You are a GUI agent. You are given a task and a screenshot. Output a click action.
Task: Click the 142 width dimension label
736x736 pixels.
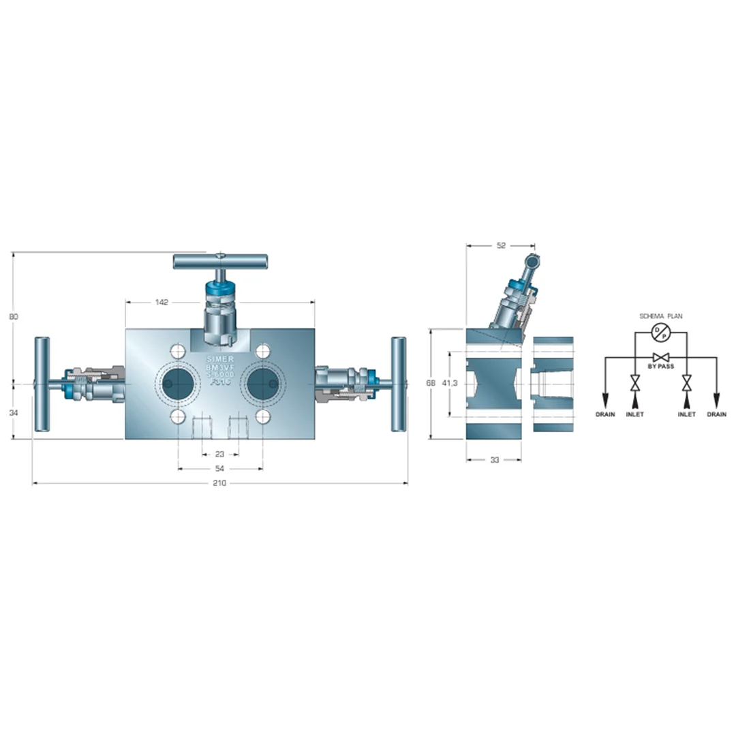[x=162, y=302]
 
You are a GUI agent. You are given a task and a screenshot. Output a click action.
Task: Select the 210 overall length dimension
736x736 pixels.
[x=219, y=483]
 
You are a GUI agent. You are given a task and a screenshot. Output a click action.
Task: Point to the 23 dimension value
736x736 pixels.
[x=220, y=453]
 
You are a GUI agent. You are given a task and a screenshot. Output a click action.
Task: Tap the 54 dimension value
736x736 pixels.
[x=220, y=468]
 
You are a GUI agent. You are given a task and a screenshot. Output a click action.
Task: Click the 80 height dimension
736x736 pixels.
[x=13, y=316]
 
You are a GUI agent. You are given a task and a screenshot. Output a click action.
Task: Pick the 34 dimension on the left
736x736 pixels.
[x=13, y=412]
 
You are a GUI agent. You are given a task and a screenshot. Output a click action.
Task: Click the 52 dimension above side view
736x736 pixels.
[x=502, y=245]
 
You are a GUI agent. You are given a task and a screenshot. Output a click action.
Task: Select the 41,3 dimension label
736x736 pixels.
[x=450, y=384]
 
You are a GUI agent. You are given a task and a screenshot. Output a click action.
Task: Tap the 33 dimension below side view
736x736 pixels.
[x=494, y=460]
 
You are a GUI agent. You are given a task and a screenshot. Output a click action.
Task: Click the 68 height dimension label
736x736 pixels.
[x=430, y=384]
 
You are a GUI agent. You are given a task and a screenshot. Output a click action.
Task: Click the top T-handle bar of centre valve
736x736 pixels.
[x=220, y=261]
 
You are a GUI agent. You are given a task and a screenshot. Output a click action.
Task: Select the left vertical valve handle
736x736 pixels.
[x=42, y=384]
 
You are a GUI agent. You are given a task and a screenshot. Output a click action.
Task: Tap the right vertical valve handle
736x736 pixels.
[x=399, y=384]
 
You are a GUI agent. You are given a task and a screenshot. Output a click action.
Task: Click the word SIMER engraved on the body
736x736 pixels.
[x=220, y=358]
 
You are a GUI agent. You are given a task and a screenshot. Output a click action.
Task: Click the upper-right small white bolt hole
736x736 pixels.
[x=263, y=352]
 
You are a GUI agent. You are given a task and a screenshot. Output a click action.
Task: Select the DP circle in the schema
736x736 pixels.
[x=660, y=332]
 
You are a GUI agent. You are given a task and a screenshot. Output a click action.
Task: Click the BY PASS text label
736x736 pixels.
[x=660, y=367]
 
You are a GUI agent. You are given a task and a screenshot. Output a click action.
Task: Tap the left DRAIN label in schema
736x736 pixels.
[x=604, y=414]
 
